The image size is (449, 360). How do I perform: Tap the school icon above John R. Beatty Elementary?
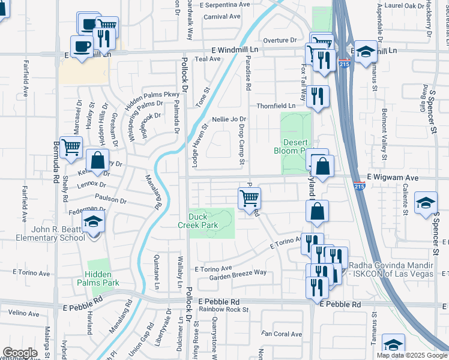pos(93,222)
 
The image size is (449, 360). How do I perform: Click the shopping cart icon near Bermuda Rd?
pos(71,146)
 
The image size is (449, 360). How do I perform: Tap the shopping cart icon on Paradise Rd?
pos(249,197)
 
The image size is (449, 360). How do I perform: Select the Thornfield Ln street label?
pos(276,106)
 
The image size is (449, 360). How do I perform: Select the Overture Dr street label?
pos(280,40)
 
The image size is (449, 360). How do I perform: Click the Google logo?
pos(20,353)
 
